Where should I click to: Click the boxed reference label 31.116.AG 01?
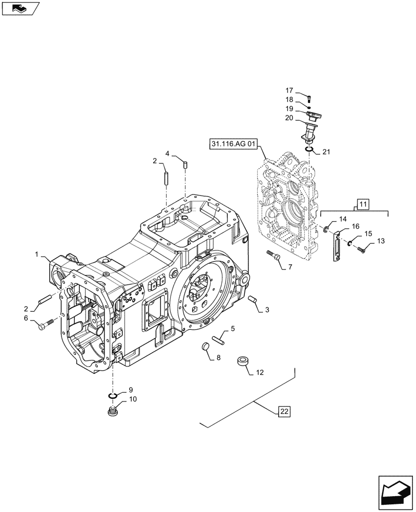click(233, 144)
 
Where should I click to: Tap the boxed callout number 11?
click(363, 204)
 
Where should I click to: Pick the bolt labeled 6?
click(46, 324)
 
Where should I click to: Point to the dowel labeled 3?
click(252, 300)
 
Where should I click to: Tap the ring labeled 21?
click(309, 148)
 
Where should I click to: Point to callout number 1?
click(36, 254)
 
